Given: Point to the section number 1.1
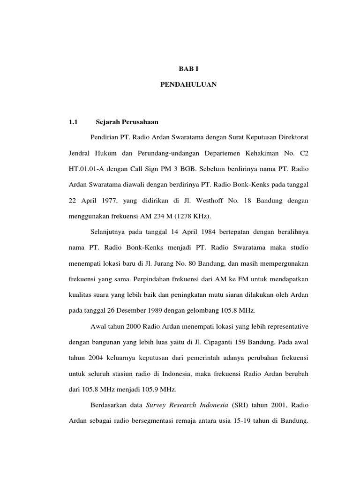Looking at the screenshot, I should (x=73, y=122).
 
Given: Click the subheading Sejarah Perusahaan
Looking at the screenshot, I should (x=127, y=122).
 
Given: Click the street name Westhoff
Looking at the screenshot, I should (x=206, y=200).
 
